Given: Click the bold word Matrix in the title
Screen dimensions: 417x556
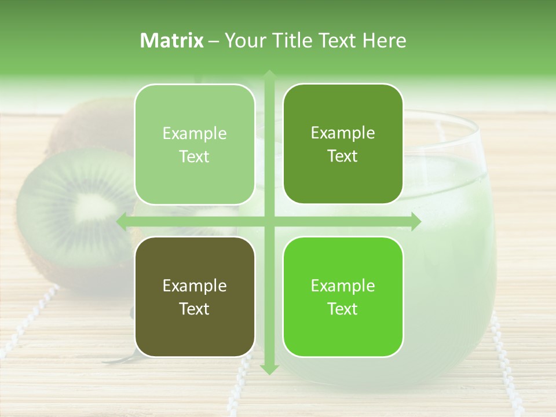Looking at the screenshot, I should tap(172, 41).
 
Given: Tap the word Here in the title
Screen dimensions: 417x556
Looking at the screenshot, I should tap(383, 41).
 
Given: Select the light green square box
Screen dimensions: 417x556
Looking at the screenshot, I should tap(195, 144).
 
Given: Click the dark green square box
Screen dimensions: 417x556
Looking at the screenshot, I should tap(343, 144).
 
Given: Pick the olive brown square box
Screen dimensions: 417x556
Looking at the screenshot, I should tap(195, 297).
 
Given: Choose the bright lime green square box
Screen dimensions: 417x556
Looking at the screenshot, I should tap(343, 297).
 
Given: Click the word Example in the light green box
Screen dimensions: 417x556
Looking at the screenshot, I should tap(195, 134).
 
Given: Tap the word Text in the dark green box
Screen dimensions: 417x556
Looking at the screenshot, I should tap(343, 156).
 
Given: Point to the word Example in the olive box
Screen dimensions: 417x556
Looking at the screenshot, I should tap(195, 286).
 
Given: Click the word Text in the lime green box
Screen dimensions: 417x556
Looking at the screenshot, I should tap(343, 309).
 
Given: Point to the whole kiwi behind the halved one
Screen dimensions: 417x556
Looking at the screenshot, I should tap(87, 125).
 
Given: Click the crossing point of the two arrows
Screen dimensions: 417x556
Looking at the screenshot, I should tap(269, 221).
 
